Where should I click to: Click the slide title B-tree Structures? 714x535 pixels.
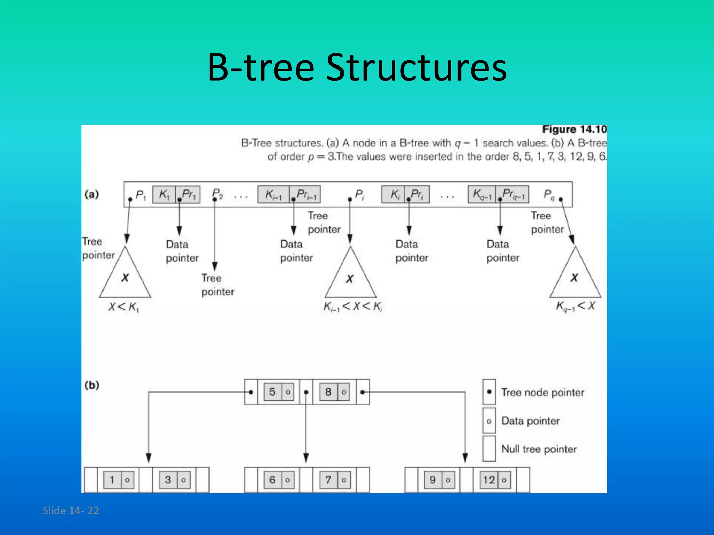(x=357, y=68)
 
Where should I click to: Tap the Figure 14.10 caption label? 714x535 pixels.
(x=574, y=129)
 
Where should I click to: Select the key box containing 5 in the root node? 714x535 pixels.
(x=272, y=392)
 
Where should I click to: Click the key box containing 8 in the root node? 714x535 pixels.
(x=328, y=392)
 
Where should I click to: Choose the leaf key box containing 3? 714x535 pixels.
(x=168, y=480)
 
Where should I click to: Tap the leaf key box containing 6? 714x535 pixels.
(x=272, y=480)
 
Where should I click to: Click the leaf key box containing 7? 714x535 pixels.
(x=328, y=480)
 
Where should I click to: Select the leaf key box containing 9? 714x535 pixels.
(x=433, y=480)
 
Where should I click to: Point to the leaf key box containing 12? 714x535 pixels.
(x=489, y=480)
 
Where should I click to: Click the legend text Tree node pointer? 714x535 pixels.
(x=542, y=393)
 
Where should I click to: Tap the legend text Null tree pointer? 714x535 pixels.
(x=539, y=449)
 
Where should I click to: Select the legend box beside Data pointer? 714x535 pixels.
(x=489, y=421)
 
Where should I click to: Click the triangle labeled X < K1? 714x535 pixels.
(x=125, y=279)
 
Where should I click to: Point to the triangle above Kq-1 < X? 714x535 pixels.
(x=575, y=279)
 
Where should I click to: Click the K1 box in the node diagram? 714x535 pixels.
(x=164, y=194)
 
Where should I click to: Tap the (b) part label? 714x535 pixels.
(x=92, y=385)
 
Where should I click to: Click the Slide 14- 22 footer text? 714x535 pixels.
(x=71, y=511)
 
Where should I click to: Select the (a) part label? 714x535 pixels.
(x=92, y=194)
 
